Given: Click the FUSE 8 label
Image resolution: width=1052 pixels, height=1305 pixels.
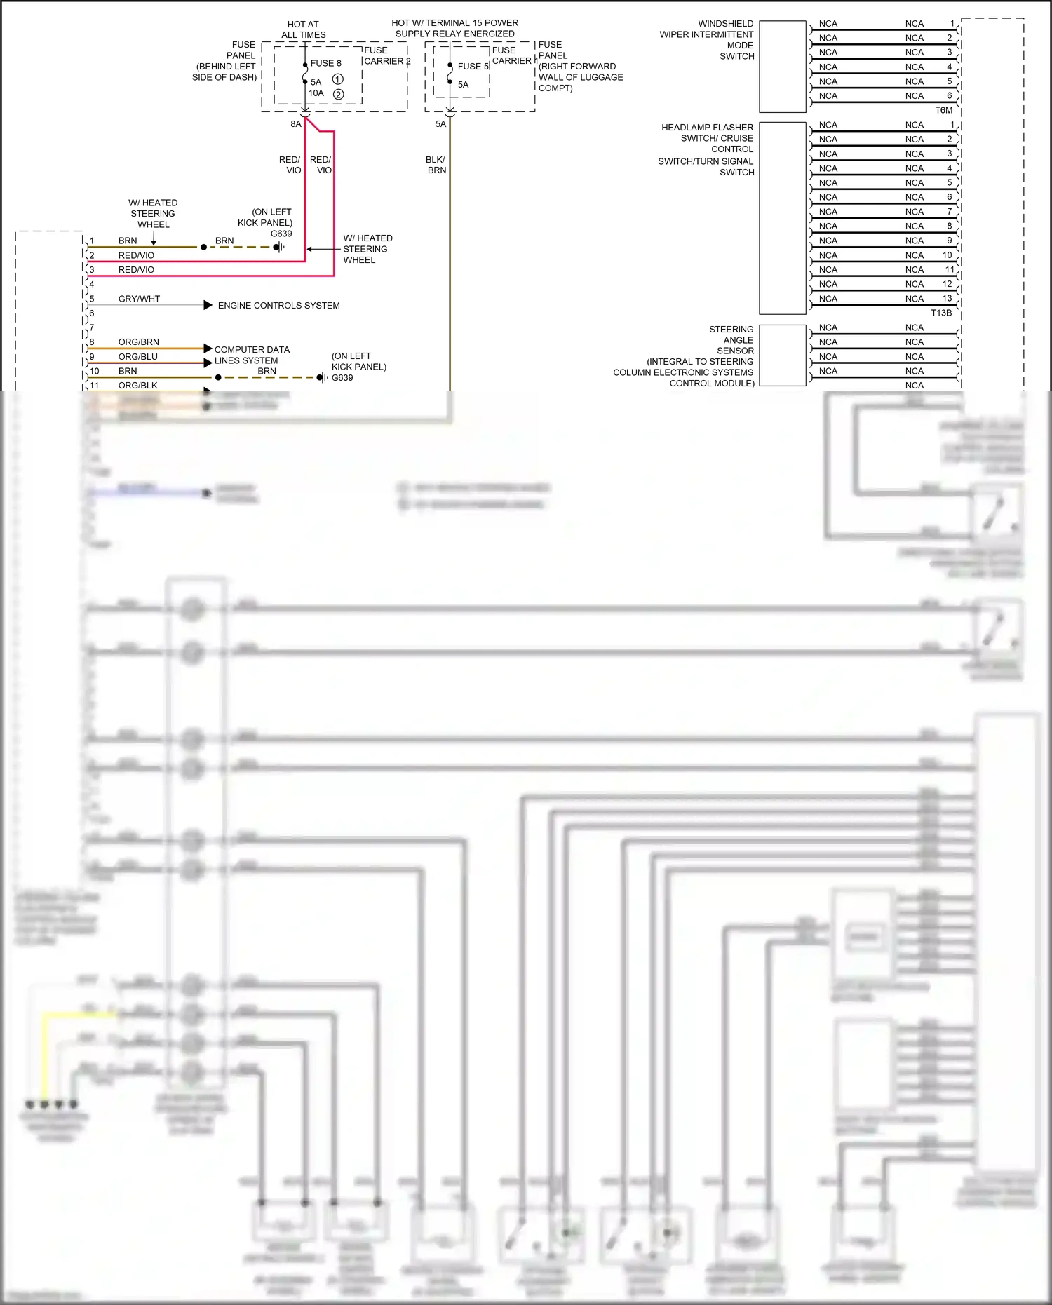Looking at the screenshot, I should point(325,63).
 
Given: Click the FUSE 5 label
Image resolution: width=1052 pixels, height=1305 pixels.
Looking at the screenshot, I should point(473,67).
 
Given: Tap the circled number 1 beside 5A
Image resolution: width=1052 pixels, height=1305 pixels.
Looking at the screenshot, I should point(337,79).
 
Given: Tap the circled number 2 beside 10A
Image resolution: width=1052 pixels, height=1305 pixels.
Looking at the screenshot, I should point(338,94).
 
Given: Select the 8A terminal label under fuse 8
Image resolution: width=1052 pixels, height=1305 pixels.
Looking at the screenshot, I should point(296,124).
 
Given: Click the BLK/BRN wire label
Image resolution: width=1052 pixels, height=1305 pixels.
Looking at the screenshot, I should point(436,165).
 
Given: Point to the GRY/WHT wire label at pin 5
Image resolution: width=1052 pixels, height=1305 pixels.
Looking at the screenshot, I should point(139,299).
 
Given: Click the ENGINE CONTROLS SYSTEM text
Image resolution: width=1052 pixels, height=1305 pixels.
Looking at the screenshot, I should point(278,306).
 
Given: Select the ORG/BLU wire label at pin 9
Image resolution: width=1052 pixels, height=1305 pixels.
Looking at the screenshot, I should point(137,357).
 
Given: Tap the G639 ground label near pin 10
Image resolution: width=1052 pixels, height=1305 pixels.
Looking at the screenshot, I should point(342,378).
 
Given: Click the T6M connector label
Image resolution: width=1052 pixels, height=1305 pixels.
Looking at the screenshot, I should point(943,111).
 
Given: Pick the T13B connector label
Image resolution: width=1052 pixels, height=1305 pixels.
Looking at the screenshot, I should point(941,313).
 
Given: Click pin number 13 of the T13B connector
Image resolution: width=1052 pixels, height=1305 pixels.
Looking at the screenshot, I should point(947,298).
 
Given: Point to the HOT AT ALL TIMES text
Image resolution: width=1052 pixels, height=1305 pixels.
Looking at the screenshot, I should point(303,29).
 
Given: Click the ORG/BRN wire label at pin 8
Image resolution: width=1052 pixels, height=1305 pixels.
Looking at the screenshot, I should point(138,342).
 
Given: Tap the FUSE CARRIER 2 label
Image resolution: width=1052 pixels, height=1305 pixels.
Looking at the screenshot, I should point(386,56).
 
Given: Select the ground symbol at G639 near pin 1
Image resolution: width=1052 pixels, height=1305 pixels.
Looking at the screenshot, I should point(279,247).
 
